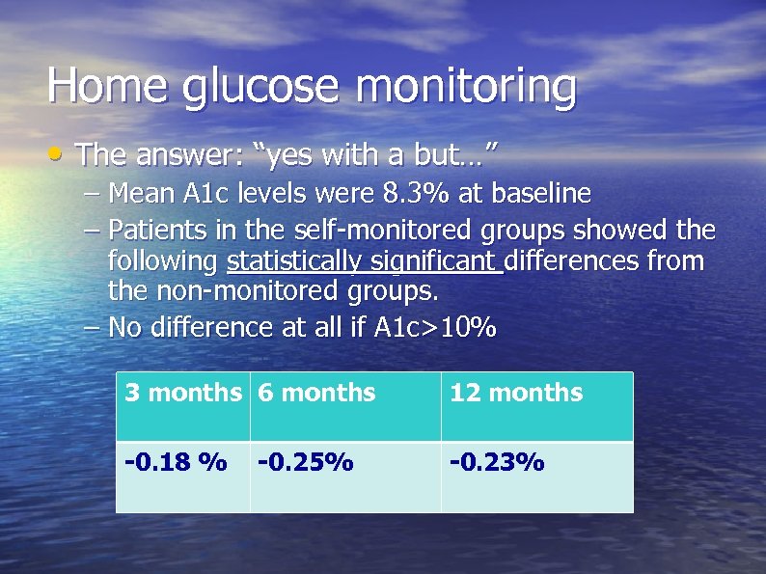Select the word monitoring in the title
point(466,87)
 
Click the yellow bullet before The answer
point(61,151)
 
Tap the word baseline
point(540,194)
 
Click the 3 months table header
point(182,393)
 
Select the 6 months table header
point(315,393)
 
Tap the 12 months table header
point(516,393)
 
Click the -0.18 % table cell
point(176,463)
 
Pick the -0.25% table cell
point(305,463)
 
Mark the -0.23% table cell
point(497,463)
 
